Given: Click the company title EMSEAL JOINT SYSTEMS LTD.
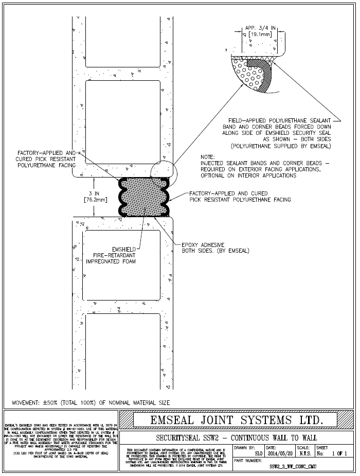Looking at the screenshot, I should coord(236,420).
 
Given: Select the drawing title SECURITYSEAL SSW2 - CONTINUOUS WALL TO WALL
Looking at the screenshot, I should coord(236,437).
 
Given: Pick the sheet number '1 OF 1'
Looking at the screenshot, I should coord(339,454).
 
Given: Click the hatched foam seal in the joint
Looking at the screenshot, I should coord(146,197).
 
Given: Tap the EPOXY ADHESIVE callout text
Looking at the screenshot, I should coord(216,248).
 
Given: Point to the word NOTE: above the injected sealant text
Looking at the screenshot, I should coord(209,156).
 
